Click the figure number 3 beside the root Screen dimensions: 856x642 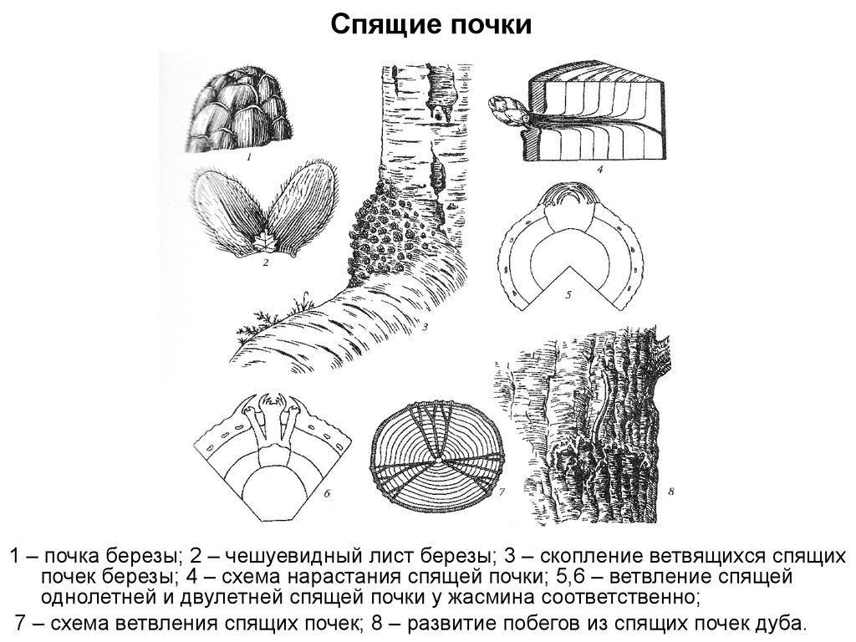click(x=425, y=327)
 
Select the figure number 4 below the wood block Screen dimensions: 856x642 click(x=599, y=170)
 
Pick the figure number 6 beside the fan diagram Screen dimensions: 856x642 click(x=328, y=493)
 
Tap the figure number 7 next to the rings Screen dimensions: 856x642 click(x=502, y=493)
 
